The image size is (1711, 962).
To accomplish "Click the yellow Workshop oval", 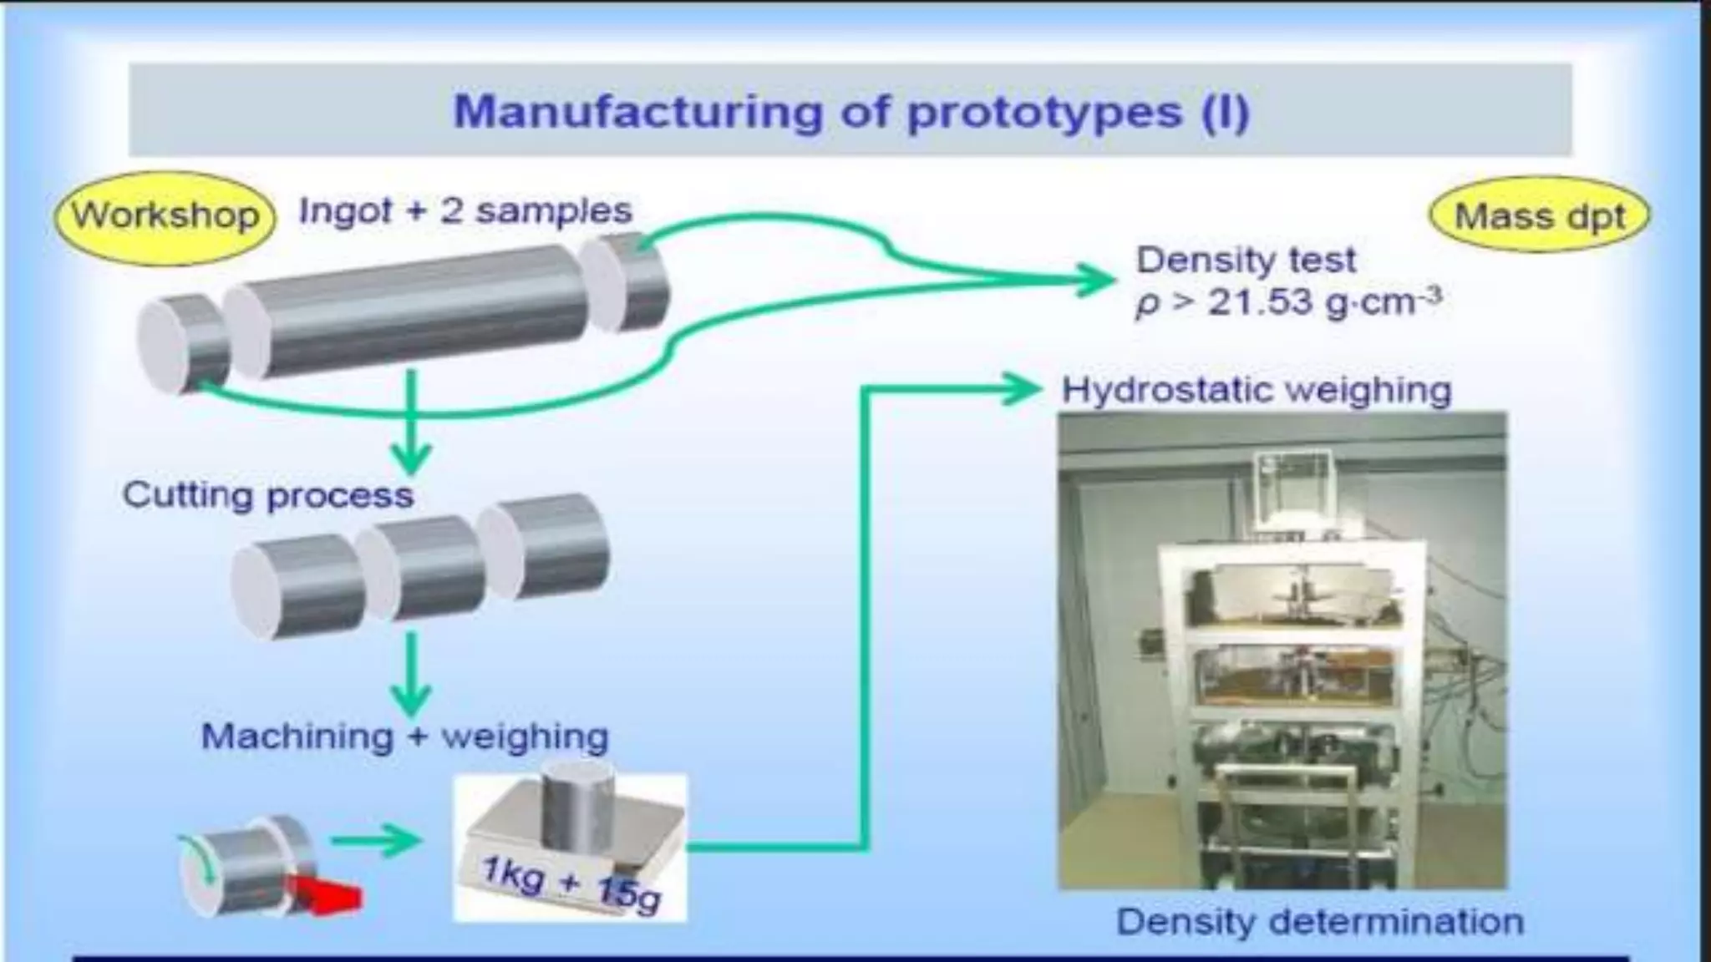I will pyautogui.click(x=165, y=215).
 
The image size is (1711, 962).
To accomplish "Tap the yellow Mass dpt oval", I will pyautogui.click(x=1540, y=216).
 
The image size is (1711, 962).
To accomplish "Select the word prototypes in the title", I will pyautogui.click(x=1044, y=113).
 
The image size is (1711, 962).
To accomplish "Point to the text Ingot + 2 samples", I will pyautogui.click(x=465, y=210).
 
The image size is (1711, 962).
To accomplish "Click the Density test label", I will pyautogui.click(x=1245, y=261).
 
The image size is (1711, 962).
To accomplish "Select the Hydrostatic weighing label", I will pyautogui.click(x=1257, y=390).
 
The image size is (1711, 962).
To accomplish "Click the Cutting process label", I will pyautogui.click(x=268, y=495).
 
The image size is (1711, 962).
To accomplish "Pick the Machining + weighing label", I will pyautogui.click(x=405, y=737).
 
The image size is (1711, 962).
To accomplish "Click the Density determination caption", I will pyautogui.click(x=1320, y=922).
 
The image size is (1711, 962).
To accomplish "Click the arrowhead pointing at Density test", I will pyautogui.click(x=1094, y=280).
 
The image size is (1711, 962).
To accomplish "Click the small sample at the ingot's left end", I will pyautogui.click(x=182, y=345).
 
